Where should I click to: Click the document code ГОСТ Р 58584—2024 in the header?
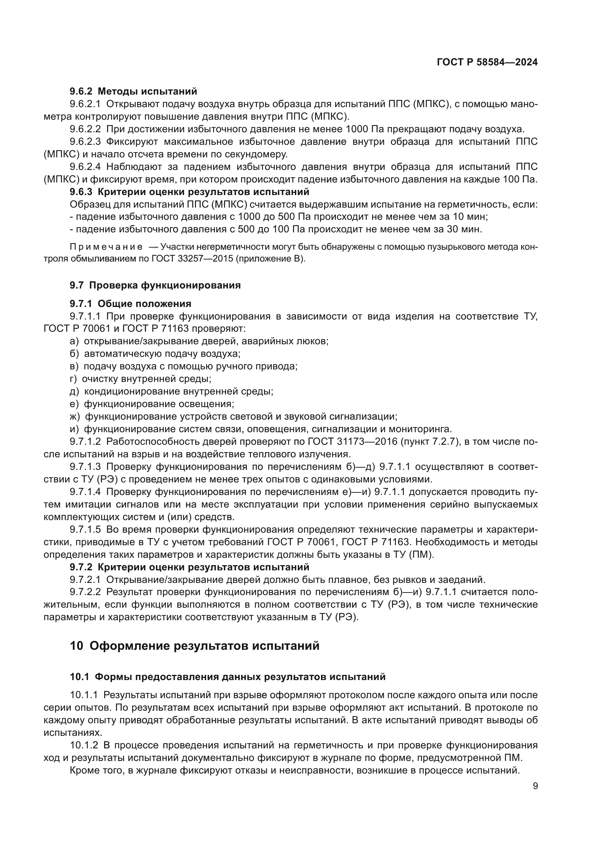[x=487, y=62]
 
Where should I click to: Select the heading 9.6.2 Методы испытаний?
[x=133, y=91]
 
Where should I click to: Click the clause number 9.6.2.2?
[x=85, y=129]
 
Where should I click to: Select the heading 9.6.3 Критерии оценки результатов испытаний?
[x=189, y=192]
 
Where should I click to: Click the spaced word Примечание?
[x=106, y=247]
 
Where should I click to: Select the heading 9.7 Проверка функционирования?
[x=155, y=285]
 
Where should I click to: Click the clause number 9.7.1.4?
[x=85, y=492]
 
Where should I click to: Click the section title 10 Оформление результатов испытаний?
[x=195, y=646]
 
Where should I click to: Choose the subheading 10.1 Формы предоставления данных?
[x=228, y=677]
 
